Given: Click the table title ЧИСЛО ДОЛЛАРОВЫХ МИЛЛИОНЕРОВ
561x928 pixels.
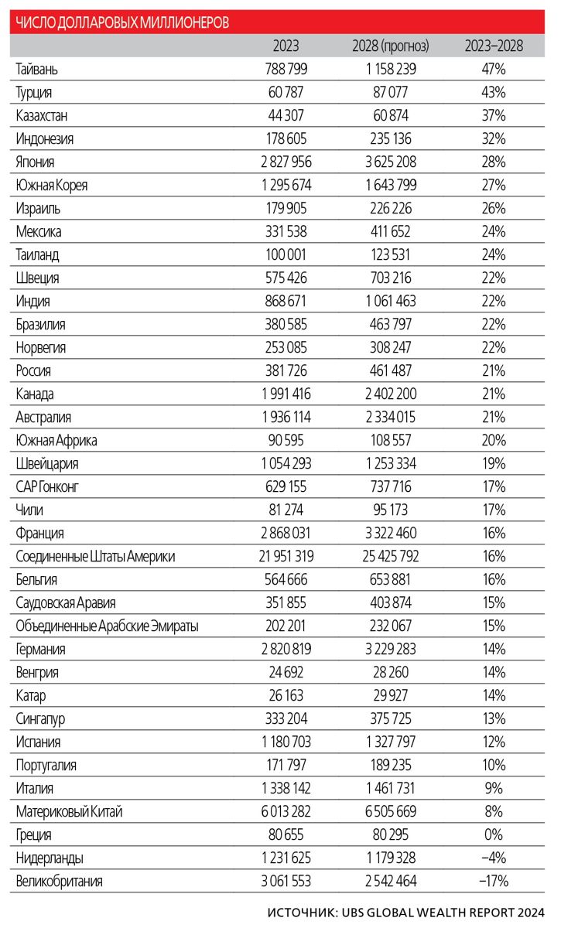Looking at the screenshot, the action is [x=122, y=22].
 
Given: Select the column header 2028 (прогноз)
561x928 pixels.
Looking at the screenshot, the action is [x=391, y=46].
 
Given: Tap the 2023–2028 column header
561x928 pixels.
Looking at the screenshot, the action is [x=494, y=46].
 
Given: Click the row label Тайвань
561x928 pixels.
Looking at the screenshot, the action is [x=36, y=69].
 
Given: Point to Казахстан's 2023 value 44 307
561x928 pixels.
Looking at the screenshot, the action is [x=286, y=115].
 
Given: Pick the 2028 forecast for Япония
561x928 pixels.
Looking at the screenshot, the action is [x=391, y=162].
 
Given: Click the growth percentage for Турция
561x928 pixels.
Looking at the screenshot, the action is [x=494, y=92].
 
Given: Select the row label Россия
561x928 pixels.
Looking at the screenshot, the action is [x=33, y=370].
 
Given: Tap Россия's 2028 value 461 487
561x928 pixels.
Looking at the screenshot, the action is [x=391, y=370].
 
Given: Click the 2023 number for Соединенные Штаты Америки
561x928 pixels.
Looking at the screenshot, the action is [x=286, y=556].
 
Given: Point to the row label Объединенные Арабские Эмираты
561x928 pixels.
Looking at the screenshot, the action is [x=107, y=626].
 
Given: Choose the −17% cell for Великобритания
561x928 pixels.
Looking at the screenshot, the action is [x=494, y=881].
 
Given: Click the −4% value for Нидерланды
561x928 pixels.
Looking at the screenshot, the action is [x=494, y=858].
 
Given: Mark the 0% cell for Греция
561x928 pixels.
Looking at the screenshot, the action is [x=494, y=834].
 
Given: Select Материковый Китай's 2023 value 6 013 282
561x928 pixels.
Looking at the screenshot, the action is [x=286, y=811].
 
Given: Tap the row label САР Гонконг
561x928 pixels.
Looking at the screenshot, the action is [x=47, y=486].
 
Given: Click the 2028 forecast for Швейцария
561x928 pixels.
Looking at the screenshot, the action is [x=391, y=463].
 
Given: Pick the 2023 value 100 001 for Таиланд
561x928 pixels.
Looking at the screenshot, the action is [x=286, y=254].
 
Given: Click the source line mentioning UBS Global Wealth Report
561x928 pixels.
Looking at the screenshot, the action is [x=406, y=913].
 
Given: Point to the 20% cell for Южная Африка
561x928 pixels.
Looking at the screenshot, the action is [x=494, y=440].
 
